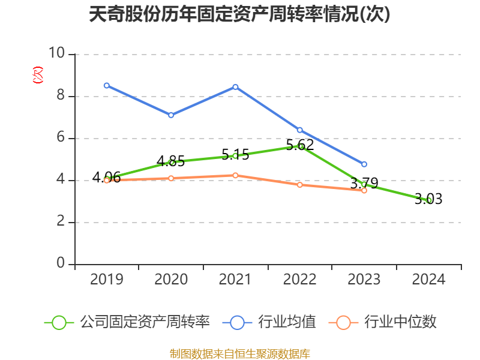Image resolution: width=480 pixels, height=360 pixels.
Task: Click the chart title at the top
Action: pos(239,14)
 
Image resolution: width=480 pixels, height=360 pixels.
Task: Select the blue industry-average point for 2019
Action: pos(107,85)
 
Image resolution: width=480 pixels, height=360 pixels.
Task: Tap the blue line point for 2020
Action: pos(171,115)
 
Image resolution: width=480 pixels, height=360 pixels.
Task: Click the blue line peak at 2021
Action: pos(235,87)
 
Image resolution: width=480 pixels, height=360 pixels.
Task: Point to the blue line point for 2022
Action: pos(299,130)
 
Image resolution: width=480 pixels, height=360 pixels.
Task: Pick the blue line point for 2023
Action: pos(364,164)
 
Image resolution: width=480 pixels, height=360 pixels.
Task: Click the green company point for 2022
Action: pos(300,146)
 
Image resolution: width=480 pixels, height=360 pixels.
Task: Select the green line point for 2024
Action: pos(428,200)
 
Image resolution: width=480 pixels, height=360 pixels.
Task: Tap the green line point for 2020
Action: pos(171,162)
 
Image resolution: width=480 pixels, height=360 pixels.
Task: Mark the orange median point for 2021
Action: pos(235,175)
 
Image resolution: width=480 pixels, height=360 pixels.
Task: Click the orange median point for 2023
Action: pos(364,190)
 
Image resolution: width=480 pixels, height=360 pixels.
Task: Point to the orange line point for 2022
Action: pos(299,185)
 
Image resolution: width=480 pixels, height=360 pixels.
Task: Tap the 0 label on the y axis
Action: pos(61,264)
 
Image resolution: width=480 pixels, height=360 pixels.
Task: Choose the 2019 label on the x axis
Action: pos(107,280)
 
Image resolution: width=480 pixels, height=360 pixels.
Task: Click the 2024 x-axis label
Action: pos(428,280)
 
